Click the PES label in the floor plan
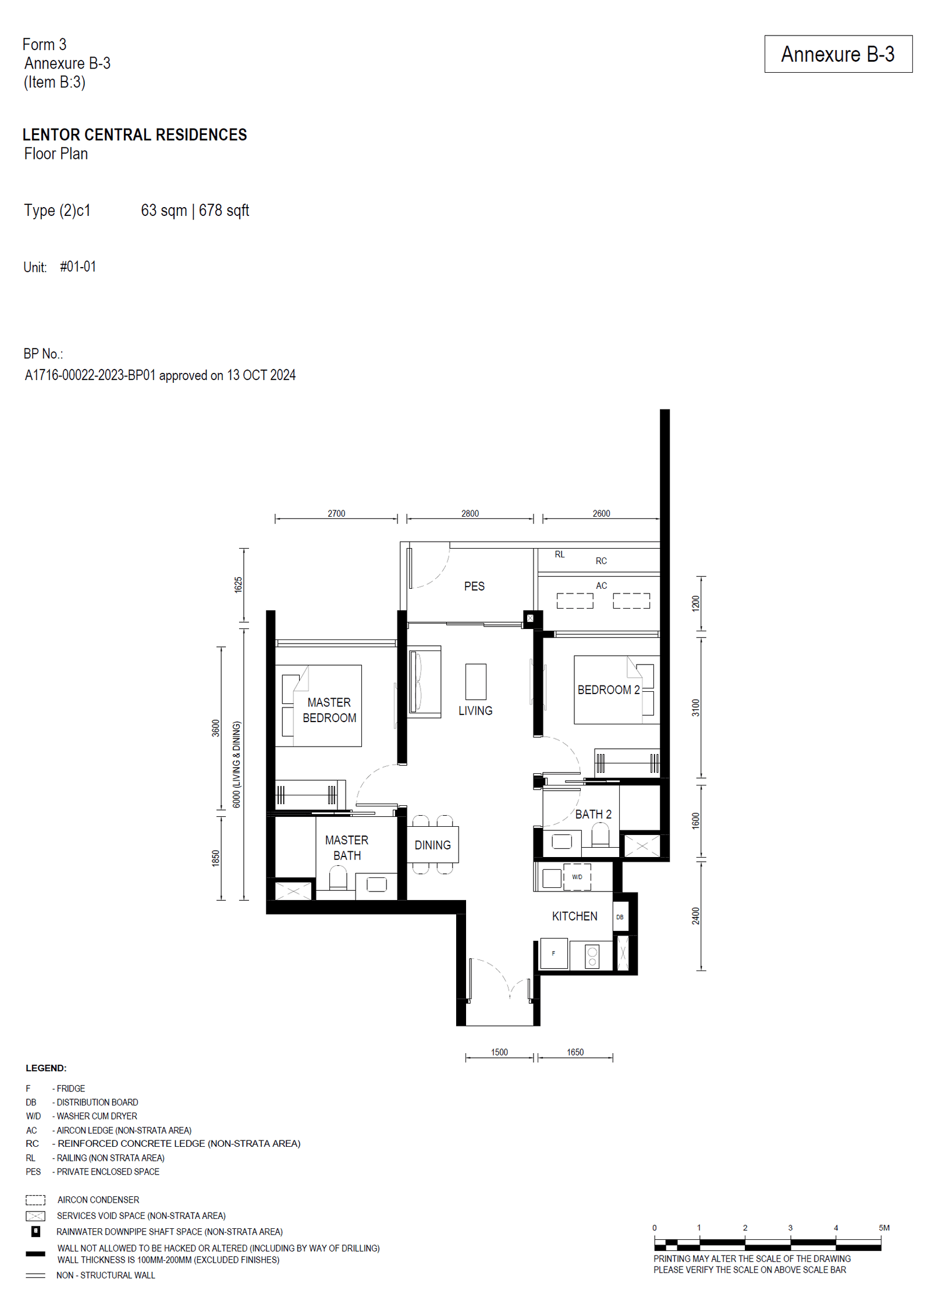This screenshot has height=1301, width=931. tap(474, 586)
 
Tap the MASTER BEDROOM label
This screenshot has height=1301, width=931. tap(329, 710)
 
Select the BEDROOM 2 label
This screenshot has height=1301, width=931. tap(608, 690)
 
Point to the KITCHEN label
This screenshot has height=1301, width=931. tap(574, 916)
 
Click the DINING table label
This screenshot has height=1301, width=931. tap(432, 845)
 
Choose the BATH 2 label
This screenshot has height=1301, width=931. tap(593, 815)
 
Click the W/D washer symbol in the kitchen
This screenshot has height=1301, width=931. tap(577, 877)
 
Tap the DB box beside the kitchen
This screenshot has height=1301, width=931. tap(620, 917)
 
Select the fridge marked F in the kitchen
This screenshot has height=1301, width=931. tap(553, 954)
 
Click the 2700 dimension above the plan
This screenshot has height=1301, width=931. tap(336, 514)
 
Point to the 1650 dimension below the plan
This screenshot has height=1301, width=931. tap(575, 1053)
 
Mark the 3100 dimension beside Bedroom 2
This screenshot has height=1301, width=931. tap(696, 708)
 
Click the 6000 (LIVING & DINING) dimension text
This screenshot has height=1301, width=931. tap(237, 765)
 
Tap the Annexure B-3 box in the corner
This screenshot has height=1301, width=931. tap(838, 54)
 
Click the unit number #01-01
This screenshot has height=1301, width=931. tap(78, 267)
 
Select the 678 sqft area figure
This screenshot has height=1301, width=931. tap(224, 211)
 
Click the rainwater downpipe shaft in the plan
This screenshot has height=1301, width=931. tap(530, 618)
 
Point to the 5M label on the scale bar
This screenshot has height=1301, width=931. tap(884, 1228)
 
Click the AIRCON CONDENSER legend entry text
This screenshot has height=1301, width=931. tap(98, 1200)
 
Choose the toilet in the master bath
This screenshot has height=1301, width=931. tap(338, 878)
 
